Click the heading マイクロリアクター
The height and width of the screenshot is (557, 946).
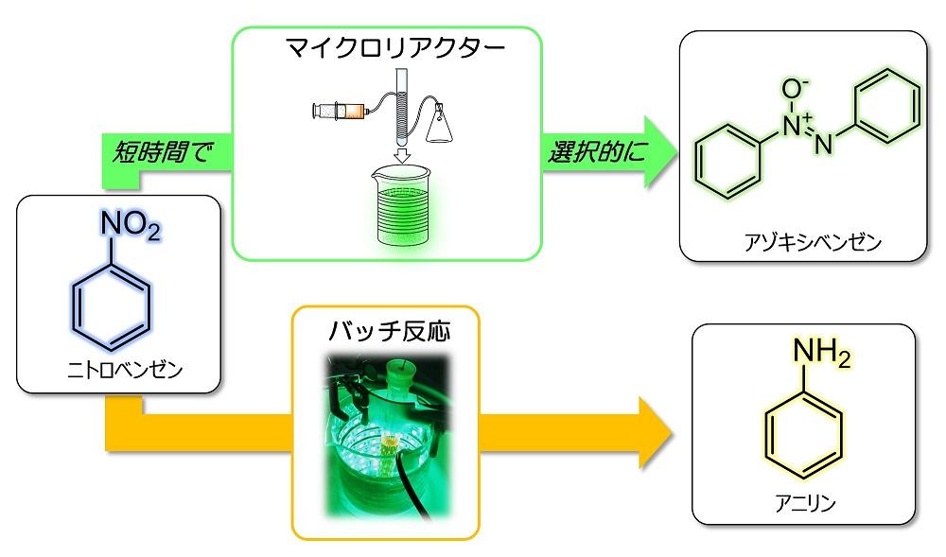[395, 47]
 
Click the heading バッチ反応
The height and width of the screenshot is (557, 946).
[389, 331]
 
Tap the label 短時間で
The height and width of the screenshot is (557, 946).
[163, 152]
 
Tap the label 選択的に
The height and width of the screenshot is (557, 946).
[596, 152]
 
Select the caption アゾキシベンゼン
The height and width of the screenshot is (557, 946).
[813, 242]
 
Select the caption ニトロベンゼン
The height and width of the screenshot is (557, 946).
[124, 370]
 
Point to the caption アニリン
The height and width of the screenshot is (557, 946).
[805, 503]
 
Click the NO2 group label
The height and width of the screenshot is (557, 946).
[131, 225]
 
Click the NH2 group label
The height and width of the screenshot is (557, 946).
[821, 353]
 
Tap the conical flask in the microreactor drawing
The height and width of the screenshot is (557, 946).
[439, 124]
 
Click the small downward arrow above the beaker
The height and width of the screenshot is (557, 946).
[402, 155]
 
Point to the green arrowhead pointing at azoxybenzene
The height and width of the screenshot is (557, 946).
[659, 152]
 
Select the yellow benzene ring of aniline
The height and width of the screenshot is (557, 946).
[804, 434]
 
